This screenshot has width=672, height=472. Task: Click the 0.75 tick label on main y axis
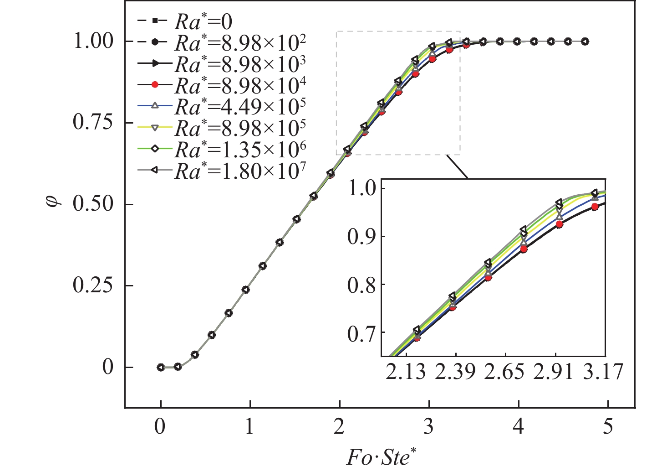click(93, 123)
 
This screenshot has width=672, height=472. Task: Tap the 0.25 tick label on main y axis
click(93, 286)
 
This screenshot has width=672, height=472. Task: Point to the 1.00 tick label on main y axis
click(93, 41)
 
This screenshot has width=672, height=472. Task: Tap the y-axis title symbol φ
click(53, 204)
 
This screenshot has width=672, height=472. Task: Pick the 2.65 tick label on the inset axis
click(504, 372)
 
